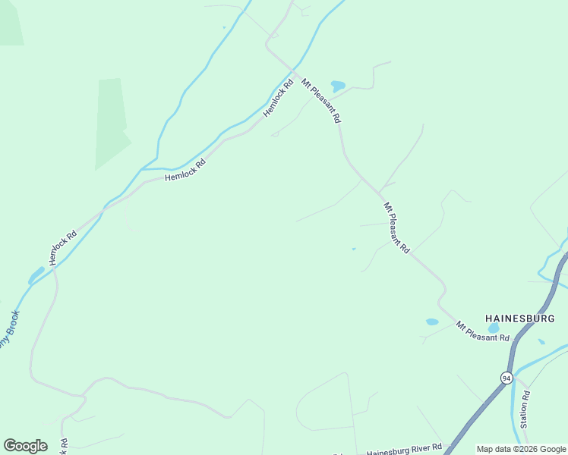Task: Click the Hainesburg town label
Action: click(x=520, y=318)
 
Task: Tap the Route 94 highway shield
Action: click(x=506, y=378)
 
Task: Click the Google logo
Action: click(x=25, y=446)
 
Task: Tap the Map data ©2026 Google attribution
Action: click(x=522, y=449)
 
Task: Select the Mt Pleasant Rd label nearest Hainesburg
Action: click(x=482, y=331)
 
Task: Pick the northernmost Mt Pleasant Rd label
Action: click(x=321, y=101)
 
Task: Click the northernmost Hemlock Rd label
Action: click(x=278, y=99)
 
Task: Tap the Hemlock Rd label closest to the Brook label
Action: click(x=63, y=247)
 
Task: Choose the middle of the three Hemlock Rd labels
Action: click(x=185, y=169)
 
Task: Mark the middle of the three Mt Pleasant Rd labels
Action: click(x=396, y=227)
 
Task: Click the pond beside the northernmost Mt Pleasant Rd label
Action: click(x=338, y=86)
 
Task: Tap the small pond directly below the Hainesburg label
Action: click(x=494, y=328)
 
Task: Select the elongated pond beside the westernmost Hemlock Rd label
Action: click(x=36, y=275)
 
